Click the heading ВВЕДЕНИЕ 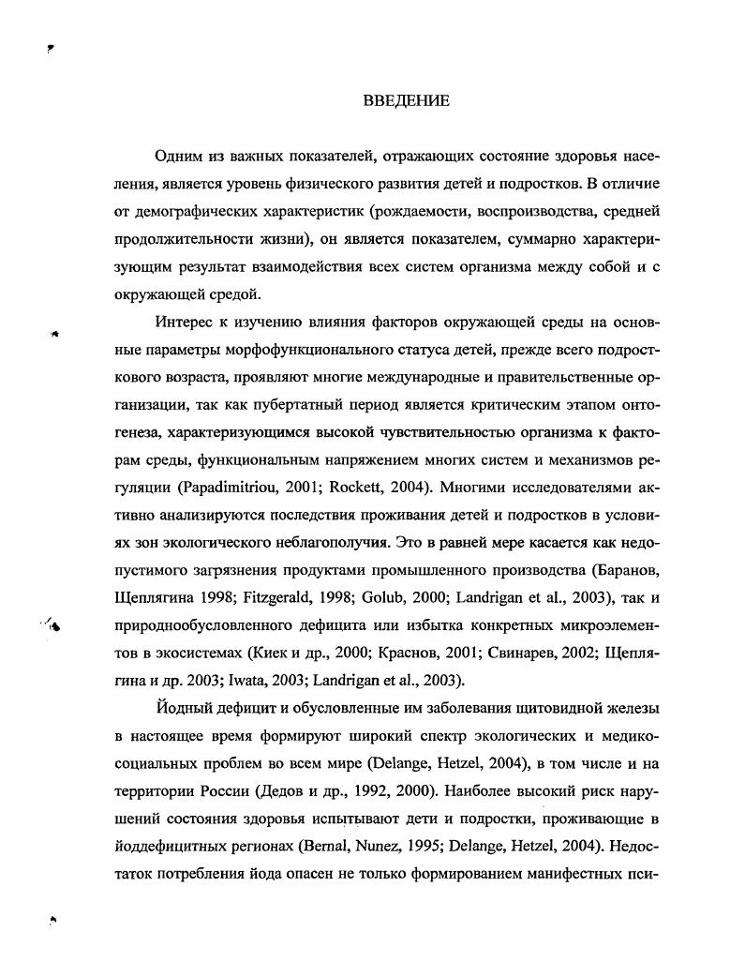pos(406,101)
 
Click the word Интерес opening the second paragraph pos(186,323)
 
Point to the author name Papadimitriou pos(224,488)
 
